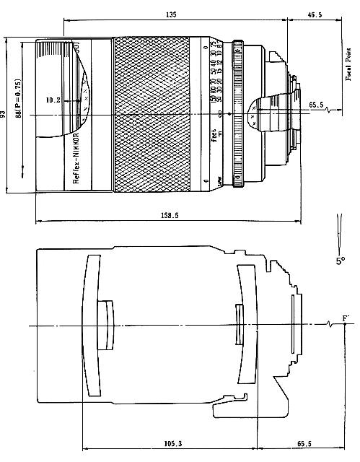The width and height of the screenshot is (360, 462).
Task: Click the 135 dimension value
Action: tap(171, 14)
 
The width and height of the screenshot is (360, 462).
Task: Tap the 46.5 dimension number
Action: tap(315, 14)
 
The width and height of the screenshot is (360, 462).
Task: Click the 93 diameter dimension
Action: tap(4, 113)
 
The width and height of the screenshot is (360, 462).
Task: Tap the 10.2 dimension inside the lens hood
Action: tap(52, 100)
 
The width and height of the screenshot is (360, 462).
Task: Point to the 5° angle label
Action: tap(341, 260)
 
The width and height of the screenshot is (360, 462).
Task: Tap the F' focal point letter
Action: tap(346, 318)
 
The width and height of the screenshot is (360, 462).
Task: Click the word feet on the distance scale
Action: tap(215, 134)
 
